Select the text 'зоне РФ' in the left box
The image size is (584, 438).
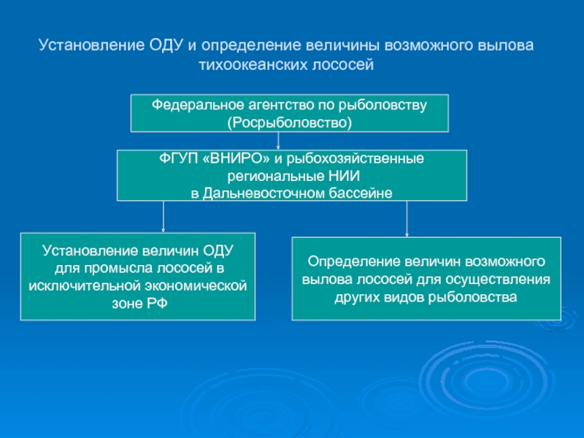coord(138,302)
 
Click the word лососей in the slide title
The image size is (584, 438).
coord(348,65)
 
